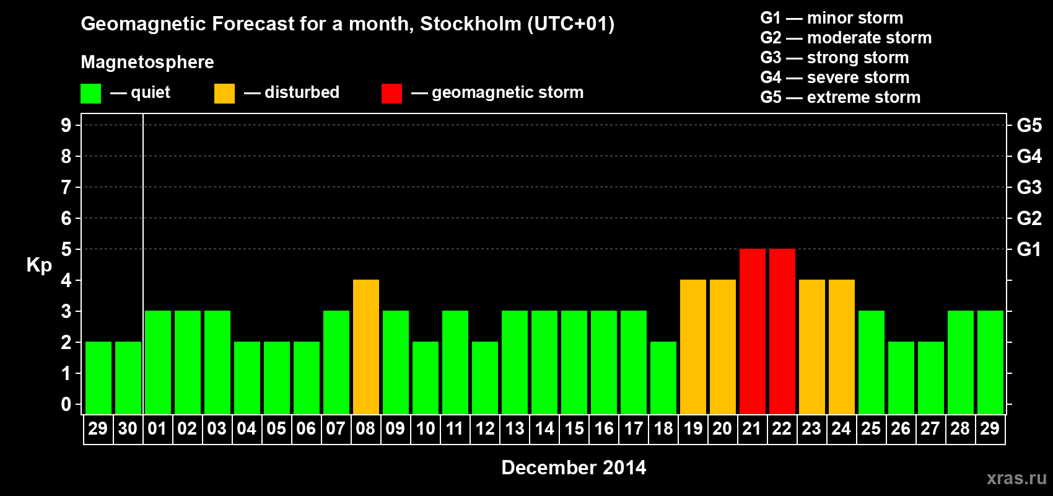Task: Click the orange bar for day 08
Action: tap(366, 347)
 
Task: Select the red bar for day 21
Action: tap(753, 331)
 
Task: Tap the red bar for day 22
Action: tap(782, 331)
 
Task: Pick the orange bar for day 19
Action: tap(693, 347)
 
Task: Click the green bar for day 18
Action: tap(663, 378)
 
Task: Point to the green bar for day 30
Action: tap(128, 378)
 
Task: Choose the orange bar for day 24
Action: tap(842, 347)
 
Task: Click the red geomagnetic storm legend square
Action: tap(391, 94)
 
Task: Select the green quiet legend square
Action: tap(91, 94)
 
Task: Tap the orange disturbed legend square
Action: tap(224, 94)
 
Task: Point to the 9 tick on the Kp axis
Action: tap(66, 125)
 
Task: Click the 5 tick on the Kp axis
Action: tap(66, 249)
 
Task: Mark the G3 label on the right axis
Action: tap(1029, 187)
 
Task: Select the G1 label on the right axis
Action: tap(1029, 249)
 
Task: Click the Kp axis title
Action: tap(39, 265)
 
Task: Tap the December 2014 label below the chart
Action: tap(574, 467)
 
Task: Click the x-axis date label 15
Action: tap(574, 428)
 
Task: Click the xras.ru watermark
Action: tap(1016, 478)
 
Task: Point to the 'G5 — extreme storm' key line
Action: tap(841, 97)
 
